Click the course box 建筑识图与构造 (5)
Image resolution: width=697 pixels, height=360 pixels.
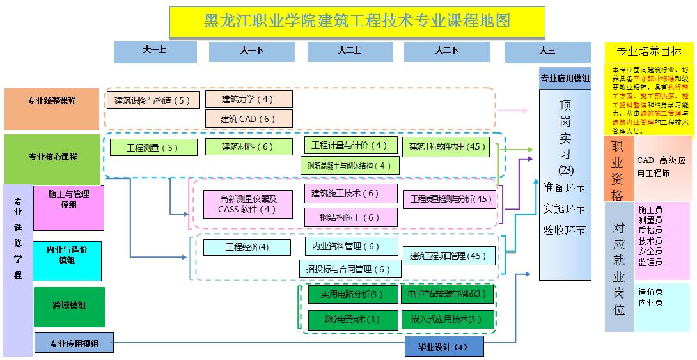pyautogui.click(x=153, y=100)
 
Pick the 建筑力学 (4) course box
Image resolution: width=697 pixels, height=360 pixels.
pyautogui.click(x=248, y=99)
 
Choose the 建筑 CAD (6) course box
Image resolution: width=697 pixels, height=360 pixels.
pyautogui.click(x=248, y=118)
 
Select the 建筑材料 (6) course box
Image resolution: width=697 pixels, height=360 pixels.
pyautogui.click(x=248, y=146)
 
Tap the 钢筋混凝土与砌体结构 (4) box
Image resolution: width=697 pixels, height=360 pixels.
pyautogui.click(x=350, y=165)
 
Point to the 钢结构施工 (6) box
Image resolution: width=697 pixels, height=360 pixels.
pyautogui.click(x=350, y=217)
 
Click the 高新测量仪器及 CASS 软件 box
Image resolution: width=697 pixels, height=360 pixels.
pyautogui.click(x=247, y=203)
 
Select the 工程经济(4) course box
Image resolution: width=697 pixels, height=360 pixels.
pyautogui.click(x=247, y=247)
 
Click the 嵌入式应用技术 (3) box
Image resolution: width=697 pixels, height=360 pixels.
pyautogui.click(x=448, y=319)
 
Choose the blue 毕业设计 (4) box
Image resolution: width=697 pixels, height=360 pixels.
pyautogui.click(x=444, y=347)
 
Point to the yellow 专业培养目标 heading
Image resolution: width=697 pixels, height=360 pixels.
pyautogui.click(x=648, y=52)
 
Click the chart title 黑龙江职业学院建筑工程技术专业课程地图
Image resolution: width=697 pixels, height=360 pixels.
pyautogui.click(x=357, y=22)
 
